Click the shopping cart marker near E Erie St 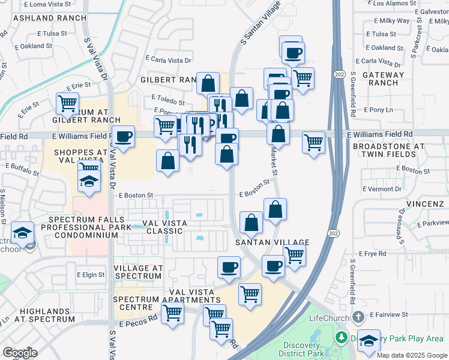[68, 103]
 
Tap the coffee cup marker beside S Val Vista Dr [124, 137]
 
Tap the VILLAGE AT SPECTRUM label [137, 272]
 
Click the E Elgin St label [91, 275]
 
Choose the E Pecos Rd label [137, 323]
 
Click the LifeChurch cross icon [358, 316]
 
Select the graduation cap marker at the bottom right [369, 340]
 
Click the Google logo [20, 353]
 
